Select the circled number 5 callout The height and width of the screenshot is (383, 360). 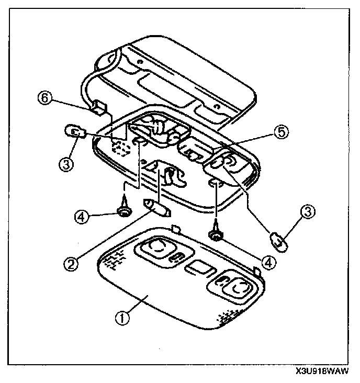(282, 133)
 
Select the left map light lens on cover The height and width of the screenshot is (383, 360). (155, 245)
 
